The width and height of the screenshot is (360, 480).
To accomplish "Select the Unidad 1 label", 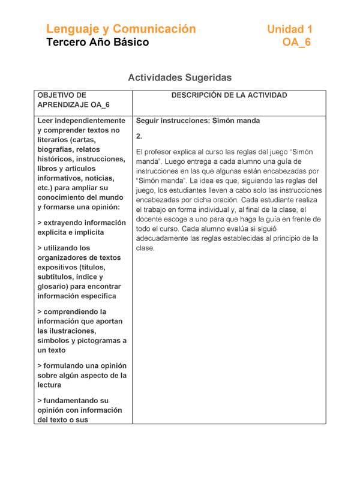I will (290, 29).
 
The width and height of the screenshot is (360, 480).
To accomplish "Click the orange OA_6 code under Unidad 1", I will (296, 43).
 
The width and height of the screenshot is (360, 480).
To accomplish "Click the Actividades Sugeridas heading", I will (180, 77).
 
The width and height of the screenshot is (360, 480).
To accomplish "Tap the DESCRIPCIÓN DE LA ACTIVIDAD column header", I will (229, 95).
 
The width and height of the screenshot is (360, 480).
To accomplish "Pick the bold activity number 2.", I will (139, 136).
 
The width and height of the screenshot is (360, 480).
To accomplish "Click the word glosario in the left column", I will (53, 287).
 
